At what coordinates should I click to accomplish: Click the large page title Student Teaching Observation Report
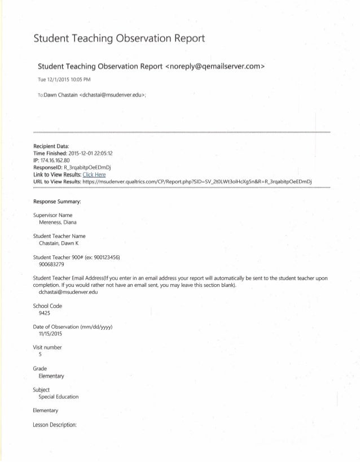click(118, 39)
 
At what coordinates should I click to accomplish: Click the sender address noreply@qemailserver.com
click(215, 67)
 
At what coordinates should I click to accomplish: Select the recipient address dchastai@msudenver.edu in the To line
click(113, 95)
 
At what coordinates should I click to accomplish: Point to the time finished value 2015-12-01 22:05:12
click(90, 153)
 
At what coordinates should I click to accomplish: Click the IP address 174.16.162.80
click(60, 160)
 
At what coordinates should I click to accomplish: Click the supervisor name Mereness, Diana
click(58, 222)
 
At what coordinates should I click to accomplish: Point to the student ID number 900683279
click(52, 264)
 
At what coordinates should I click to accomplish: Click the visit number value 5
click(40, 354)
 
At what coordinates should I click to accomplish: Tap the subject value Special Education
click(59, 396)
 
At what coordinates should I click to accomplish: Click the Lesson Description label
click(54, 424)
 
